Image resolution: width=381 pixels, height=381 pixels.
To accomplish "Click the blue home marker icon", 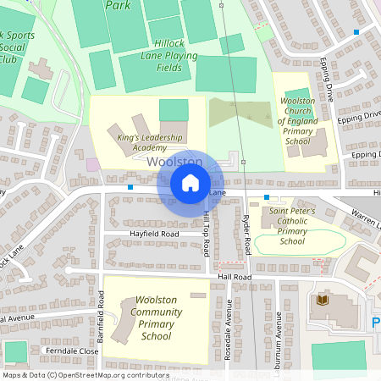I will pyautogui.click(x=190, y=183).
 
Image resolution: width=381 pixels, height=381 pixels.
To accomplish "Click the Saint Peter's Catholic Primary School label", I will pyautogui.click(x=292, y=226).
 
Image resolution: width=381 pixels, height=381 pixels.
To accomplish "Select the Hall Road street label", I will pyautogui.click(x=235, y=277).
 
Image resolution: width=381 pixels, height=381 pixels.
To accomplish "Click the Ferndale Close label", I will pyautogui.click(x=73, y=351).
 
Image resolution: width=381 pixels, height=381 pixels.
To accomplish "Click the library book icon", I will pyautogui.click(x=321, y=301).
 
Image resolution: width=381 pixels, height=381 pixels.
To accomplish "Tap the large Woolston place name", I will pyautogui.click(x=174, y=161).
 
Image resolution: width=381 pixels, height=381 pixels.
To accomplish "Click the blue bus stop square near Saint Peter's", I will pyautogui.click(x=266, y=196).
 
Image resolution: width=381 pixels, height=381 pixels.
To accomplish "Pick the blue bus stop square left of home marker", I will pyautogui.click(x=130, y=186).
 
